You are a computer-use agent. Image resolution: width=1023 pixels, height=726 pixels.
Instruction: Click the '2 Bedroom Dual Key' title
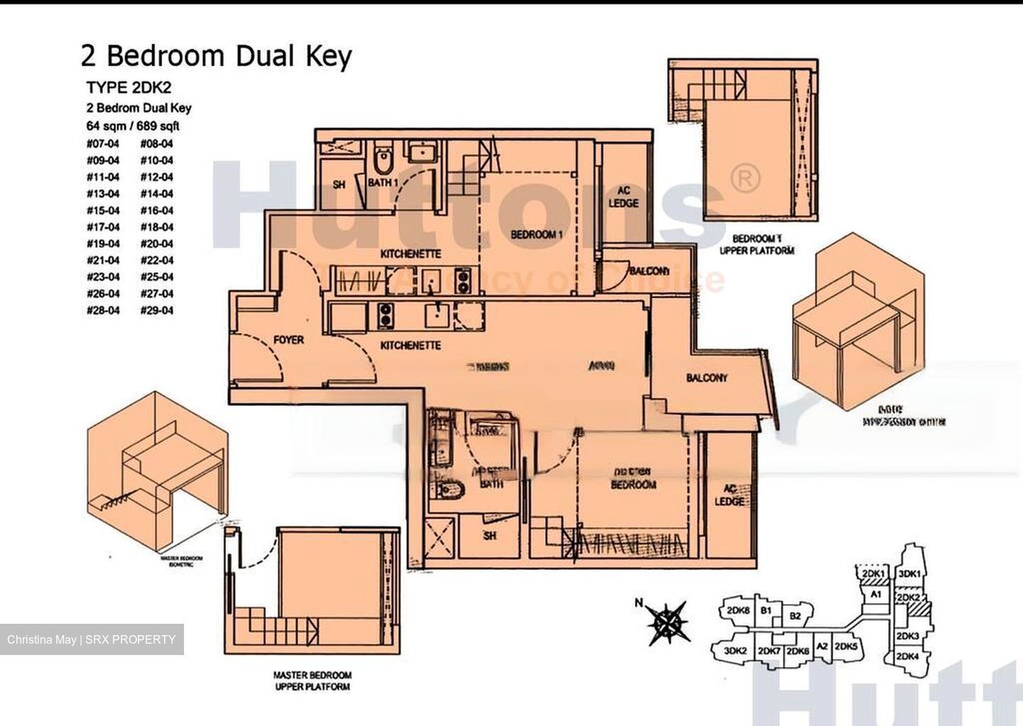(x=217, y=56)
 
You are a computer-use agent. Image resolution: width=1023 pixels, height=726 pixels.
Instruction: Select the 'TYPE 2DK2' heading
(x=129, y=88)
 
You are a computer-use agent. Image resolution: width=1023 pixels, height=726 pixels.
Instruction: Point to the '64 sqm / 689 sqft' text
(x=133, y=126)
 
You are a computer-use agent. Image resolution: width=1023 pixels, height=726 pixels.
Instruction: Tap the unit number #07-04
(x=103, y=143)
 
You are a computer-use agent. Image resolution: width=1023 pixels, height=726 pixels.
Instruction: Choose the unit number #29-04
(x=156, y=310)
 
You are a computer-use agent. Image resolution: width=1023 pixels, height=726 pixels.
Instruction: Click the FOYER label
(x=288, y=340)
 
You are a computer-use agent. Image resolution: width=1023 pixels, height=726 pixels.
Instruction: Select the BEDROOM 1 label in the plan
(x=536, y=234)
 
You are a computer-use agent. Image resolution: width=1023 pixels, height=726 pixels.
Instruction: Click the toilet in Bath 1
(x=384, y=160)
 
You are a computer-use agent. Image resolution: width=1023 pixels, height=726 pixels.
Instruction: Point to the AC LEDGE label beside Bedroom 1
(x=623, y=197)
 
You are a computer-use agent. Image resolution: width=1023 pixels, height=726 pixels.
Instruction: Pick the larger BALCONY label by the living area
(x=706, y=378)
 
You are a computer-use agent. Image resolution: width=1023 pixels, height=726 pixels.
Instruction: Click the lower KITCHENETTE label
(x=411, y=346)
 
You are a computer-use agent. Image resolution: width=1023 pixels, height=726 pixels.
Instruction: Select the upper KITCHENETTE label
(x=411, y=253)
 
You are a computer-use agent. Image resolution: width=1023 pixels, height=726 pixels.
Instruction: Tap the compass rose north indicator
(x=666, y=622)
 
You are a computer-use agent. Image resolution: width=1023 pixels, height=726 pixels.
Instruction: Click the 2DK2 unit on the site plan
(x=908, y=598)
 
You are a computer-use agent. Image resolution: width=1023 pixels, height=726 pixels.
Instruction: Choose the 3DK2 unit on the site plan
(x=735, y=651)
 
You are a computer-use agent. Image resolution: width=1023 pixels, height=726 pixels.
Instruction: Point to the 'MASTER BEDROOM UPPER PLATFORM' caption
(x=313, y=681)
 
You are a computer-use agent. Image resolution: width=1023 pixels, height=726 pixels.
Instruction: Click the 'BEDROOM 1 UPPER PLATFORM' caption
(x=757, y=245)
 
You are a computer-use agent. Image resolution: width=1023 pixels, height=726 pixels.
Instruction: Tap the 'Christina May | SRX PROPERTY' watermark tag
(x=92, y=639)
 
